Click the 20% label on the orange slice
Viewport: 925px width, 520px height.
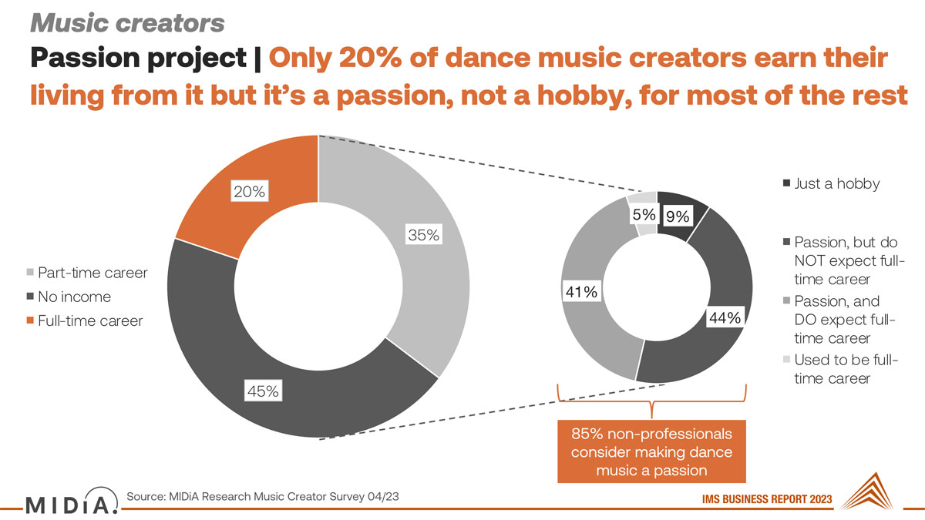point(250,191)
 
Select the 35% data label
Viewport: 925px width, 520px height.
point(424,234)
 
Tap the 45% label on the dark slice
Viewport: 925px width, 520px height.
point(263,391)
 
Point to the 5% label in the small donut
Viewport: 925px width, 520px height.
point(644,215)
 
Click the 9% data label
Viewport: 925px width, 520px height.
point(678,216)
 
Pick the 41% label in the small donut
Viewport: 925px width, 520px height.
point(581,292)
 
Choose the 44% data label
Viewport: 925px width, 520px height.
point(725,317)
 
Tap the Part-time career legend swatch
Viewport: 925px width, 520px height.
point(30,273)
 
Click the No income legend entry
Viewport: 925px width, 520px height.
point(69,297)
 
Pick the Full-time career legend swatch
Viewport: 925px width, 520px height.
point(30,320)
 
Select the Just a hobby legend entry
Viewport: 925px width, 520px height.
point(831,183)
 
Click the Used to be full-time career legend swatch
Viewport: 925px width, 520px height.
point(787,359)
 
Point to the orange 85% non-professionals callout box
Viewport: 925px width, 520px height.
point(651,451)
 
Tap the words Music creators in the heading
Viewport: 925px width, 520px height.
point(127,23)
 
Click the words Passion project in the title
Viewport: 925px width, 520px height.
point(138,58)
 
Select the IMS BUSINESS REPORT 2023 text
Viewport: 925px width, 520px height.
point(767,499)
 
